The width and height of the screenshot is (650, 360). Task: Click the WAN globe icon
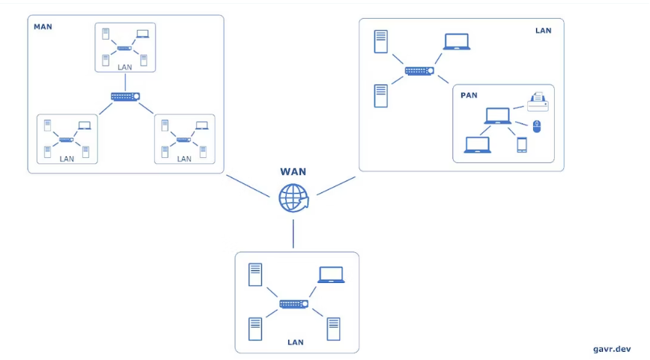pyautogui.click(x=293, y=198)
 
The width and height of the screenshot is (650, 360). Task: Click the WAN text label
pyautogui.click(x=293, y=172)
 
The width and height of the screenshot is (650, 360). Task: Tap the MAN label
pyautogui.click(x=43, y=27)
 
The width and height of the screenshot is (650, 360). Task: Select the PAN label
pyautogui.click(x=469, y=95)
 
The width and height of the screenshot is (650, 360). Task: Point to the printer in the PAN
pyautogui.click(x=538, y=101)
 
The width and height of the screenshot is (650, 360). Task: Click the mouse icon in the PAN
pyautogui.click(x=536, y=126)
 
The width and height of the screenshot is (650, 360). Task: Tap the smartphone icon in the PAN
pyautogui.click(x=521, y=145)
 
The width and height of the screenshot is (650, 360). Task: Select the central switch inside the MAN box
pyautogui.click(x=125, y=97)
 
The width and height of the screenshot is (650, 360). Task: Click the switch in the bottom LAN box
pyautogui.click(x=294, y=304)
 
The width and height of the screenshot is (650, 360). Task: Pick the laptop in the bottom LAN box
pyautogui.click(x=331, y=275)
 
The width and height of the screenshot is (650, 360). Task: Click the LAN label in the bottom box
pyautogui.click(x=296, y=342)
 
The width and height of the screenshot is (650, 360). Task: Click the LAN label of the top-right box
pyautogui.click(x=543, y=31)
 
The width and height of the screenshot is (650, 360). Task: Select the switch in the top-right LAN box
pyautogui.click(x=419, y=71)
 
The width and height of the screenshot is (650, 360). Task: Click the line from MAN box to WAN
pyautogui.click(x=247, y=186)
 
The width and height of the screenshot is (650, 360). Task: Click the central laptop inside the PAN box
pyautogui.click(x=497, y=116)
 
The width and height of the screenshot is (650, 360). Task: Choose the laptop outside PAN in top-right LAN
pyautogui.click(x=457, y=42)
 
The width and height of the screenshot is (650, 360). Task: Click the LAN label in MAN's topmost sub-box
pyautogui.click(x=125, y=67)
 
